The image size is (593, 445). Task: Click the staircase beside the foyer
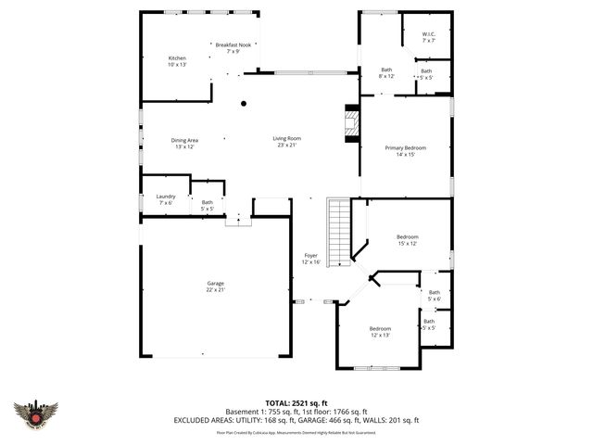pos(340,232)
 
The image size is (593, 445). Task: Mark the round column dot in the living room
pos(244,104)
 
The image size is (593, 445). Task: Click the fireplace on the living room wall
pos(351,124)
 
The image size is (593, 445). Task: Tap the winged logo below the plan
pos(36,413)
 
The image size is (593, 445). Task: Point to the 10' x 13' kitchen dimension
pos(177,65)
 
